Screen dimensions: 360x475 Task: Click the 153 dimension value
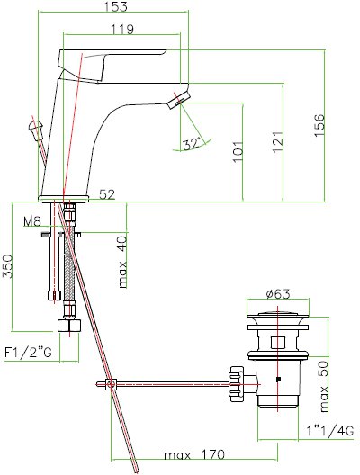pos(116,6)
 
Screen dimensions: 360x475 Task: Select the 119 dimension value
pos(121,30)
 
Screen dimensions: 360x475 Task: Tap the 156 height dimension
pos(319,125)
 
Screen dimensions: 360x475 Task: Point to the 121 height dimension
pos(278,142)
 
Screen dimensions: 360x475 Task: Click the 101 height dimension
pos(238,151)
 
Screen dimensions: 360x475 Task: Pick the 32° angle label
pos(192,144)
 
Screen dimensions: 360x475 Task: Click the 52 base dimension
pos(107,194)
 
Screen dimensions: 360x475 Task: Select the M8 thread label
pos(32,222)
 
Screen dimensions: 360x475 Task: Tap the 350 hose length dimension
pos(7,266)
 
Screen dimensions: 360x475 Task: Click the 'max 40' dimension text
pos(122,263)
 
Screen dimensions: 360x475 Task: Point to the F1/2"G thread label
pos(29,352)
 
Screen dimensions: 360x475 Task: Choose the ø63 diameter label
pos(278,294)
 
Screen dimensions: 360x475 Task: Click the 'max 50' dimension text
pos(324,386)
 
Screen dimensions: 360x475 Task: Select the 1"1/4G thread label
pos(329,430)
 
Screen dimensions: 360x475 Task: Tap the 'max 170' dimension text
pos(194,454)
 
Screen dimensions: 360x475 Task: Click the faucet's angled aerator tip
pos(178,100)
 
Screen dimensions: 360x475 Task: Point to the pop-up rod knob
pos(36,129)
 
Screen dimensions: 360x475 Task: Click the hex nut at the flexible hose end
pos(69,326)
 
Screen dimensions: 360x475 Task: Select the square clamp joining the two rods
pos(112,385)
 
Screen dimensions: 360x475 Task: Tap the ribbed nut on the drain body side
pos(236,384)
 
